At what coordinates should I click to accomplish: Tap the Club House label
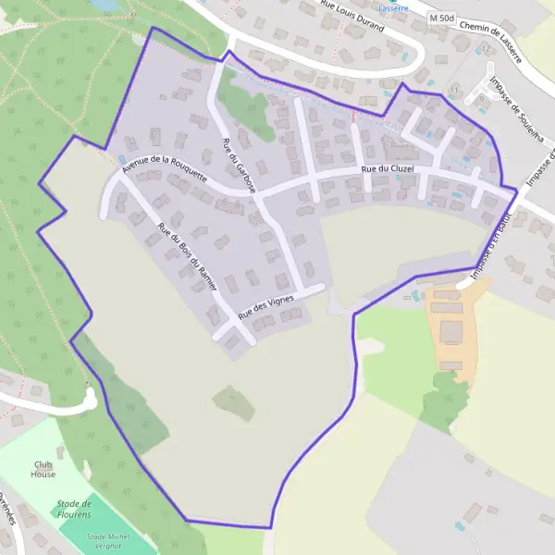[x=43, y=469]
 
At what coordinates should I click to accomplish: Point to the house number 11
[x=454, y=89]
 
